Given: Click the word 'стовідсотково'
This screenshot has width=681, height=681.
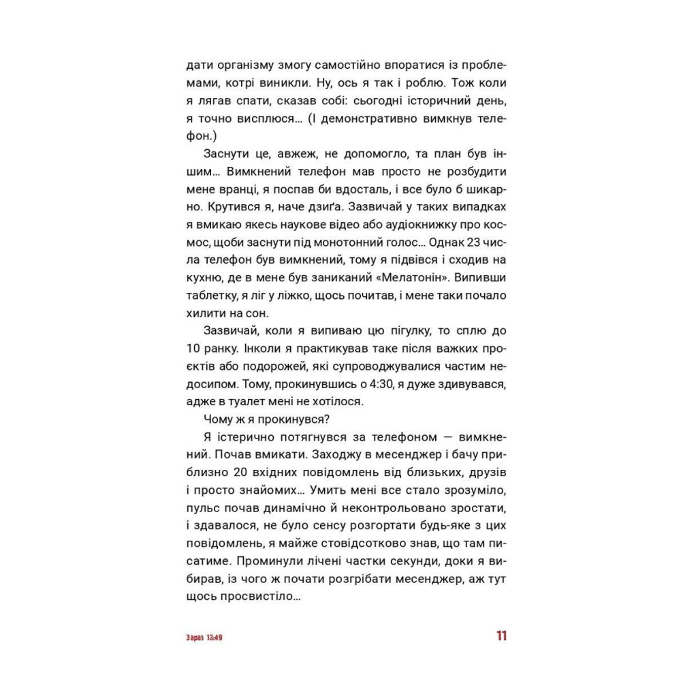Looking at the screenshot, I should coord(346,543).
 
